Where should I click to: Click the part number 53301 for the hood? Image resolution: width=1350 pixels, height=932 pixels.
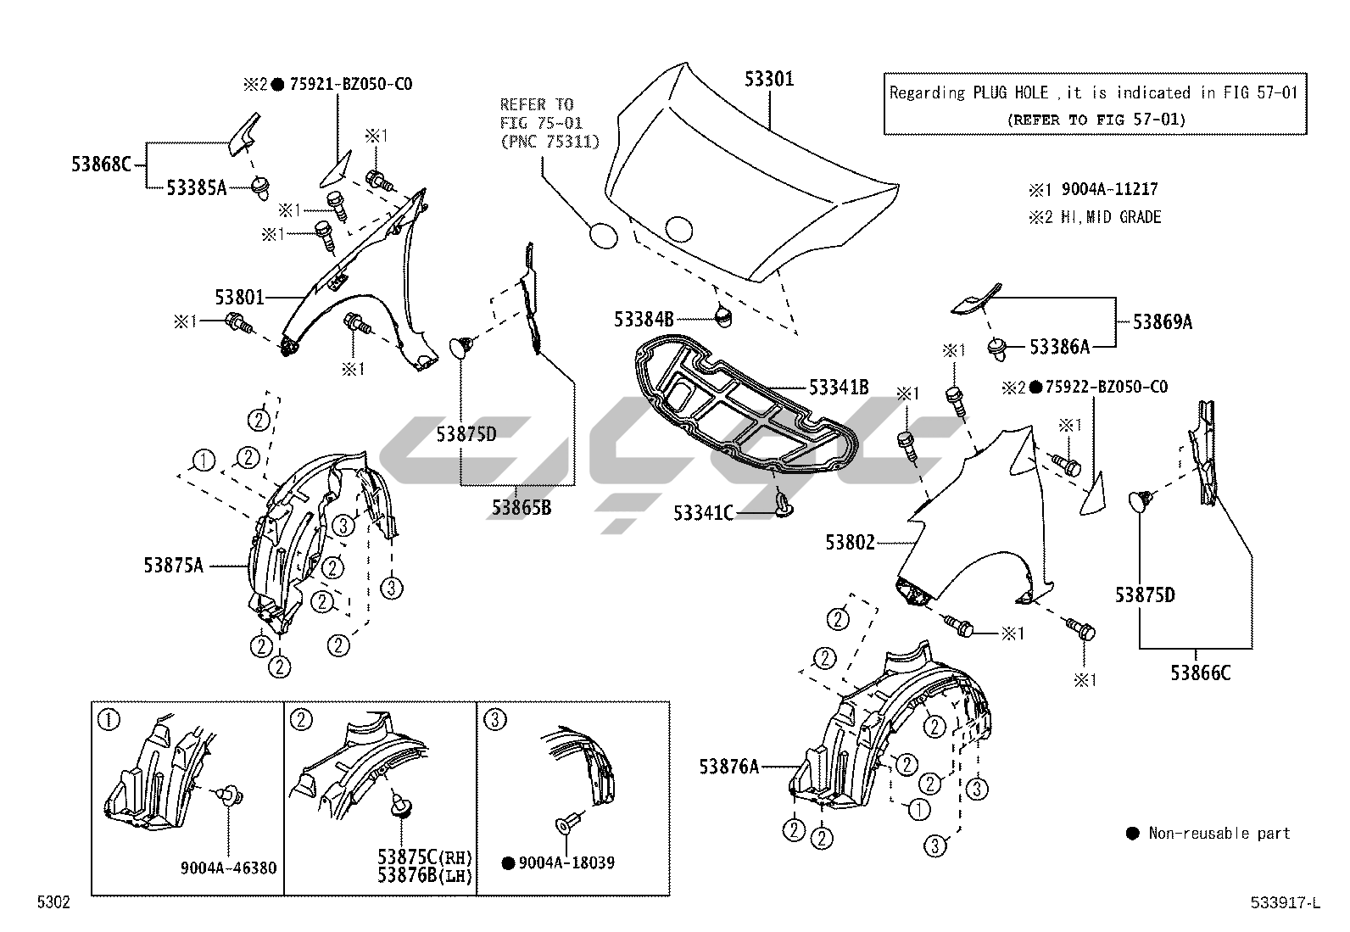tap(769, 79)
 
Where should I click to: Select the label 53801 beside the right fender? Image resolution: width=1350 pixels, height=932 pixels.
tap(239, 298)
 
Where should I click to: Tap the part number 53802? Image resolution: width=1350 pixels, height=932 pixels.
tap(851, 541)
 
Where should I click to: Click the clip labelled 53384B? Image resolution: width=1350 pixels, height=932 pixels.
tap(722, 316)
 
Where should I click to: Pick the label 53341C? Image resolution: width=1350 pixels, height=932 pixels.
tap(703, 513)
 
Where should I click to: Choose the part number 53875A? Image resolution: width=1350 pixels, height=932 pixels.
tap(173, 565)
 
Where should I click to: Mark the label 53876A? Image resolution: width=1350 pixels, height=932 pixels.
tap(728, 767)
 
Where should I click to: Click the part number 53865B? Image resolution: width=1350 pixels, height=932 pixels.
tap(521, 508)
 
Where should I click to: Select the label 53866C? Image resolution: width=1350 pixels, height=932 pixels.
tap(1200, 672)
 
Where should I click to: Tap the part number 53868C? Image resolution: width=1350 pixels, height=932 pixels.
tap(101, 164)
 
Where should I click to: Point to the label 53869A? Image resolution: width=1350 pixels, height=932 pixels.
tap(1163, 321)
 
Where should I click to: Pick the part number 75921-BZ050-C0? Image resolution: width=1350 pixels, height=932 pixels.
tap(351, 84)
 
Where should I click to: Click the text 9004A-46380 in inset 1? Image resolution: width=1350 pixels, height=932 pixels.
tap(228, 868)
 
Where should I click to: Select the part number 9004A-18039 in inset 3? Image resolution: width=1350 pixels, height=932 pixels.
tap(566, 862)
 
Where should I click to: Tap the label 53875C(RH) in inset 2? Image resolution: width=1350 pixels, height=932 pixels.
tap(425, 857)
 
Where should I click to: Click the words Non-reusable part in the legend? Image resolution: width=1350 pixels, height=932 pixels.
tap(1219, 833)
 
